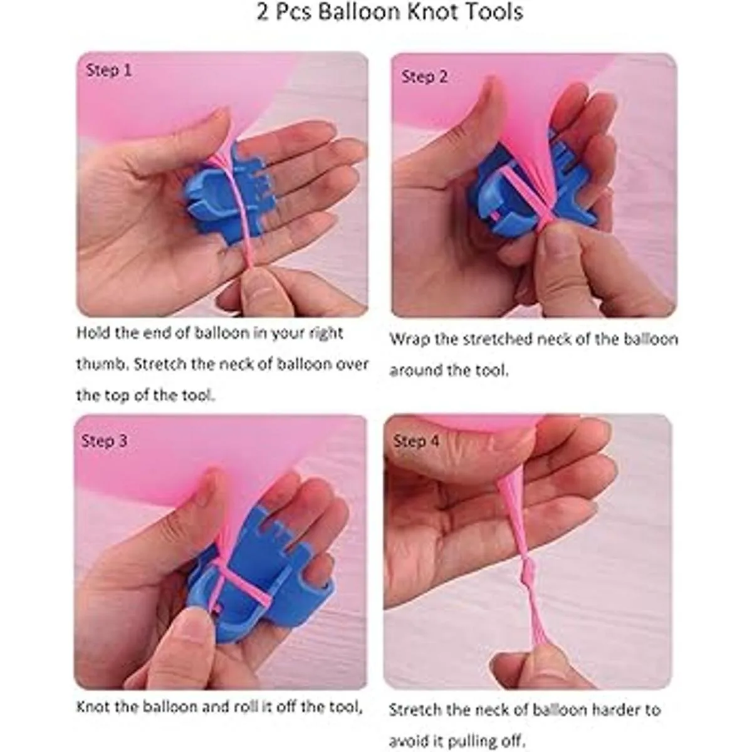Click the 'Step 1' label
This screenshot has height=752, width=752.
click(x=109, y=71)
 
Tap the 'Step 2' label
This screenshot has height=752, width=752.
click(x=425, y=77)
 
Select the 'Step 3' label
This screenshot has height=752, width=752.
click(x=104, y=441)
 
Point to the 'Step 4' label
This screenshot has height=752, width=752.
click(x=416, y=441)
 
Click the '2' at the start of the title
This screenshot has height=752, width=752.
click(x=263, y=12)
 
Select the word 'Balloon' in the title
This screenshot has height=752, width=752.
click(x=360, y=12)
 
